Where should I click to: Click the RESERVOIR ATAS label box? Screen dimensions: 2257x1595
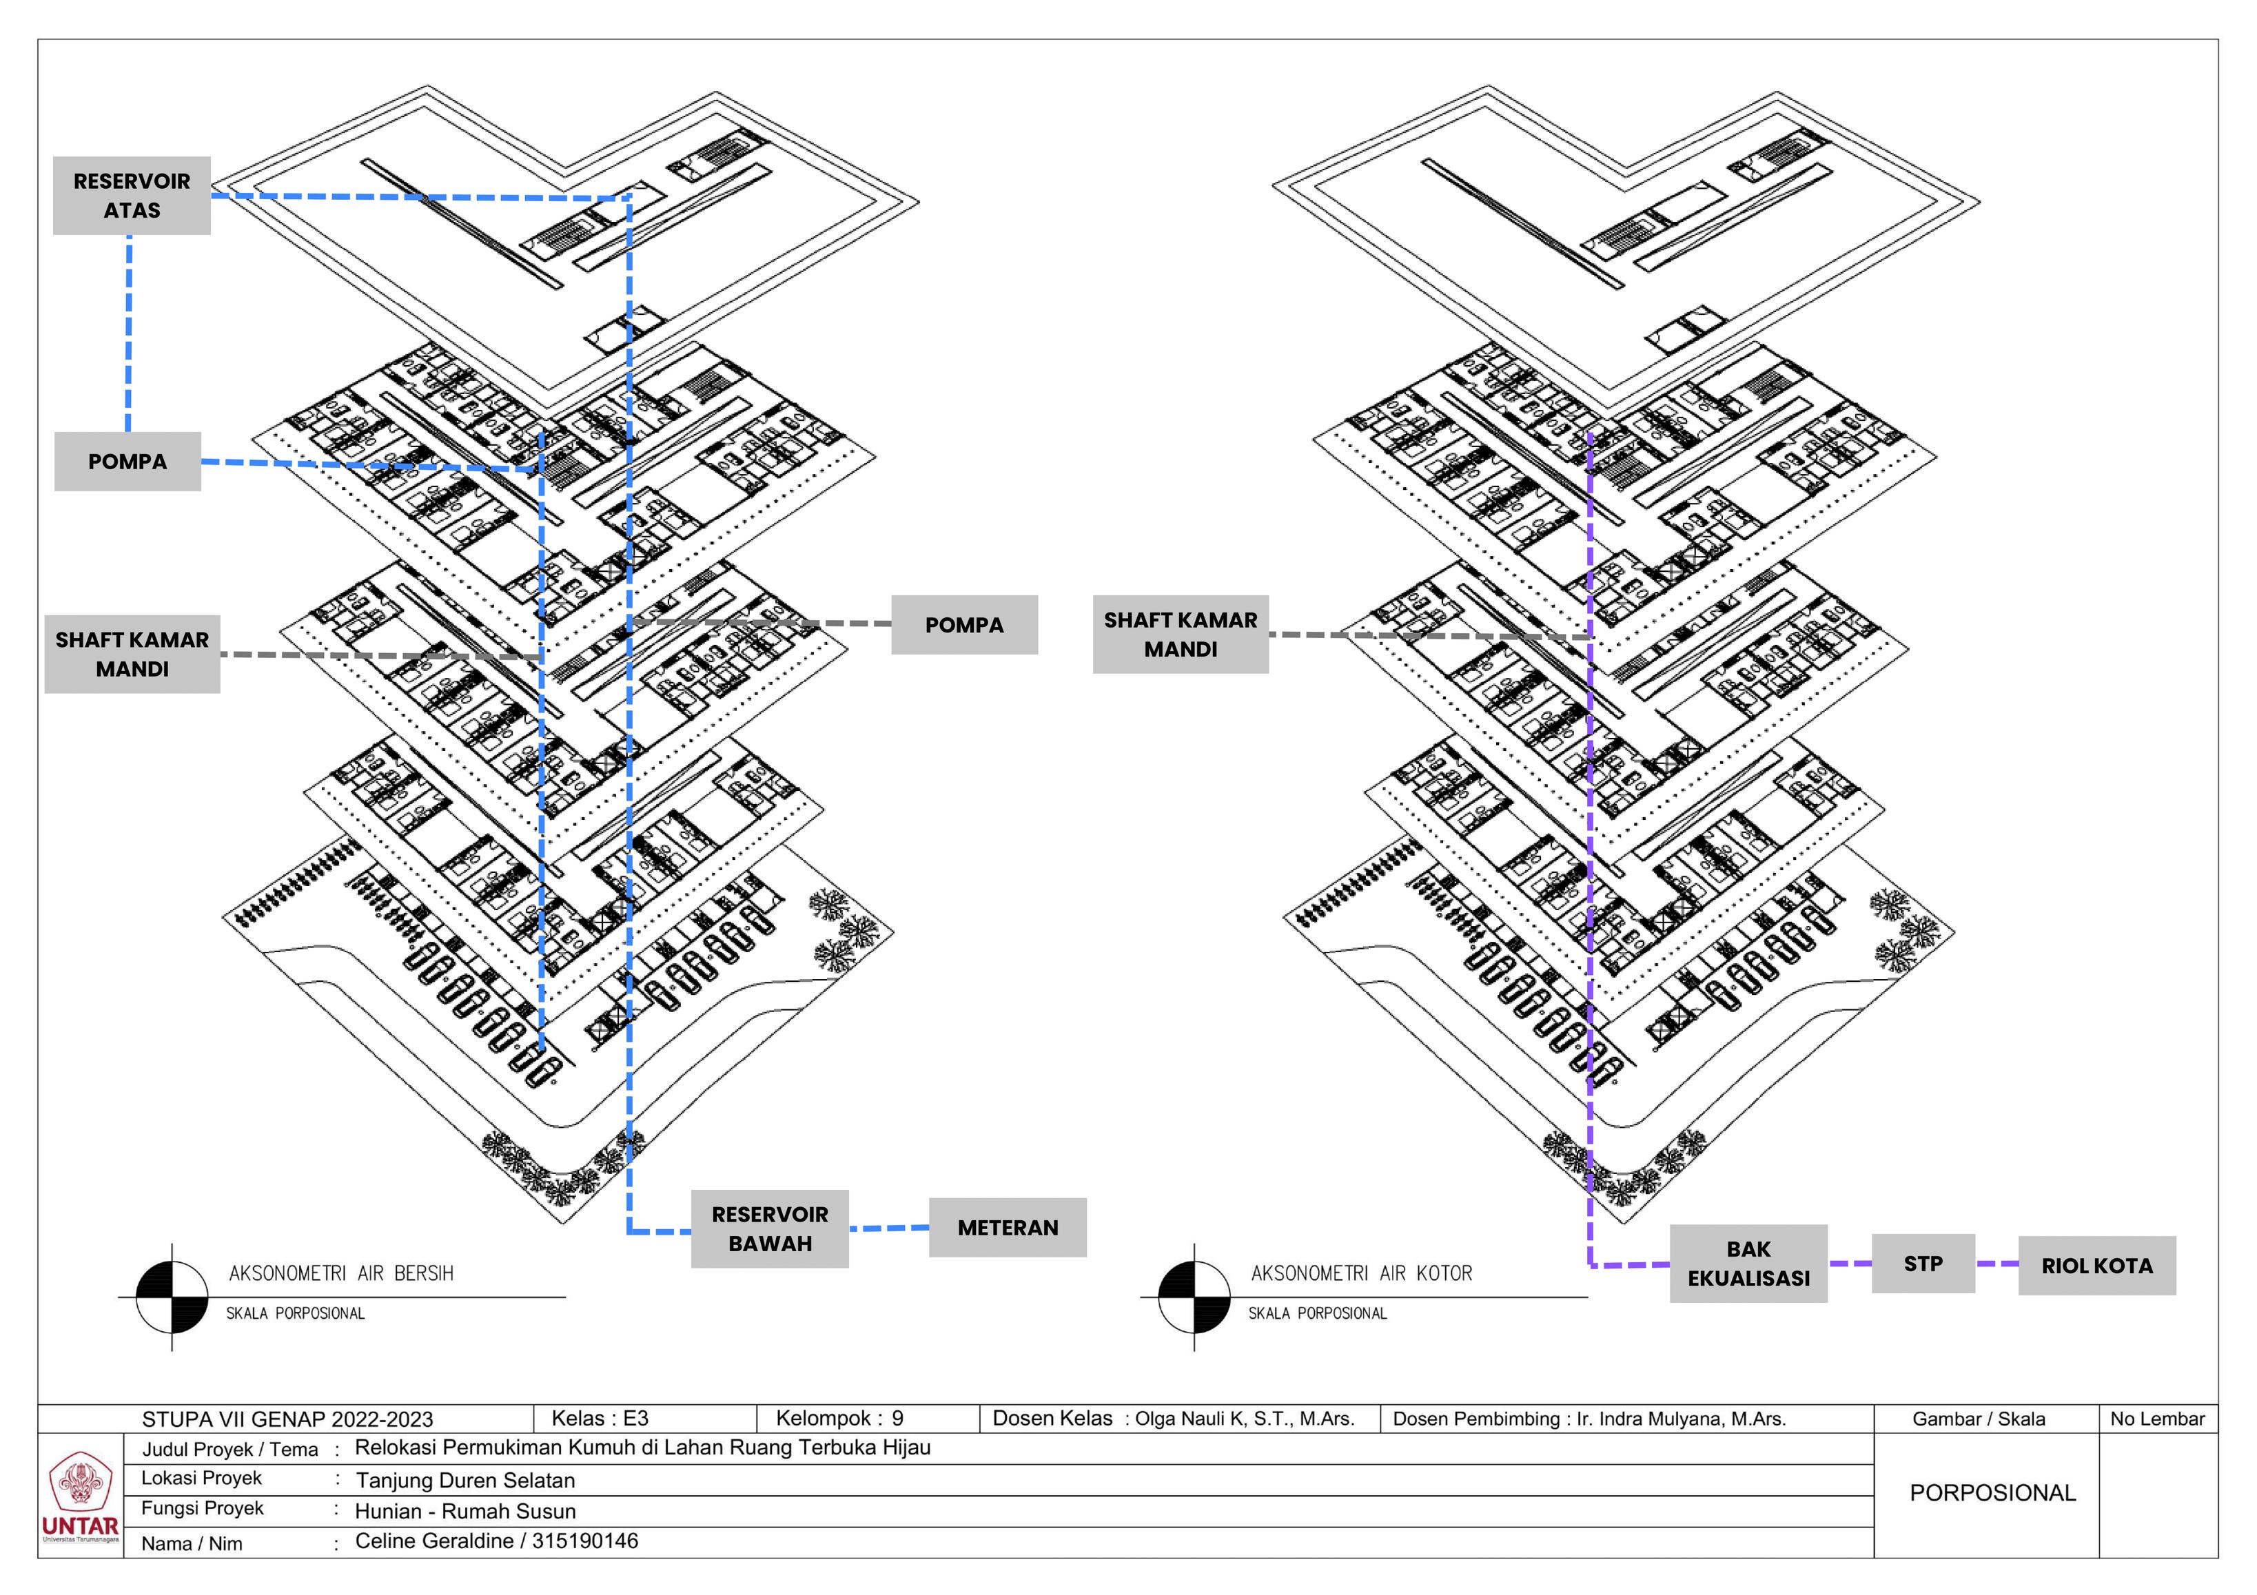tap(132, 196)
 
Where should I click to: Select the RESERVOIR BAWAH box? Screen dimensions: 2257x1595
tap(770, 1228)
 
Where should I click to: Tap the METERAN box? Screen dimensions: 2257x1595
tap(1008, 1228)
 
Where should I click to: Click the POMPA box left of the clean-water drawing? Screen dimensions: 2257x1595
tap(127, 461)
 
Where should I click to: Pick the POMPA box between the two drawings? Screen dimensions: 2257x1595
tap(964, 625)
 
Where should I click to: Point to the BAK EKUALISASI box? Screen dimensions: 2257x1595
tap(1748, 1264)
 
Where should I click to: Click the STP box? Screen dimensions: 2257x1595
tap(1923, 1264)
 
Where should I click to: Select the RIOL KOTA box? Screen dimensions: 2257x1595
tap(2096, 1266)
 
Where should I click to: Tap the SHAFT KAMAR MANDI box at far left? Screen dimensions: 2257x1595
tap(132, 655)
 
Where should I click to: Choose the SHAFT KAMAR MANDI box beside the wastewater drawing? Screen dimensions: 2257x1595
tap(1181, 634)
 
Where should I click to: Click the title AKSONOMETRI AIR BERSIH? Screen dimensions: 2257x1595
tap(341, 1274)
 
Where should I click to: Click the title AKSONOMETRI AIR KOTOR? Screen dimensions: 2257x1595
tap(1362, 1274)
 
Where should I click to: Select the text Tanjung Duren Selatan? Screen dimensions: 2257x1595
tap(465, 1480)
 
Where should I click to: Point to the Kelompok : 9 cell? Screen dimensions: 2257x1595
tap(839, 1418)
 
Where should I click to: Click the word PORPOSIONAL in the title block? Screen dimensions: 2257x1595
tap(1992, 1493)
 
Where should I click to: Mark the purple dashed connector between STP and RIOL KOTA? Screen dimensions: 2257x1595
tap(1996, 1264)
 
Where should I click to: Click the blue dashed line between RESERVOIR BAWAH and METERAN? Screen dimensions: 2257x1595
tap(888, 1228)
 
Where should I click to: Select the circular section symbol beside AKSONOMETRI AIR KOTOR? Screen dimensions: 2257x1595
tap(1194, 1297)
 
